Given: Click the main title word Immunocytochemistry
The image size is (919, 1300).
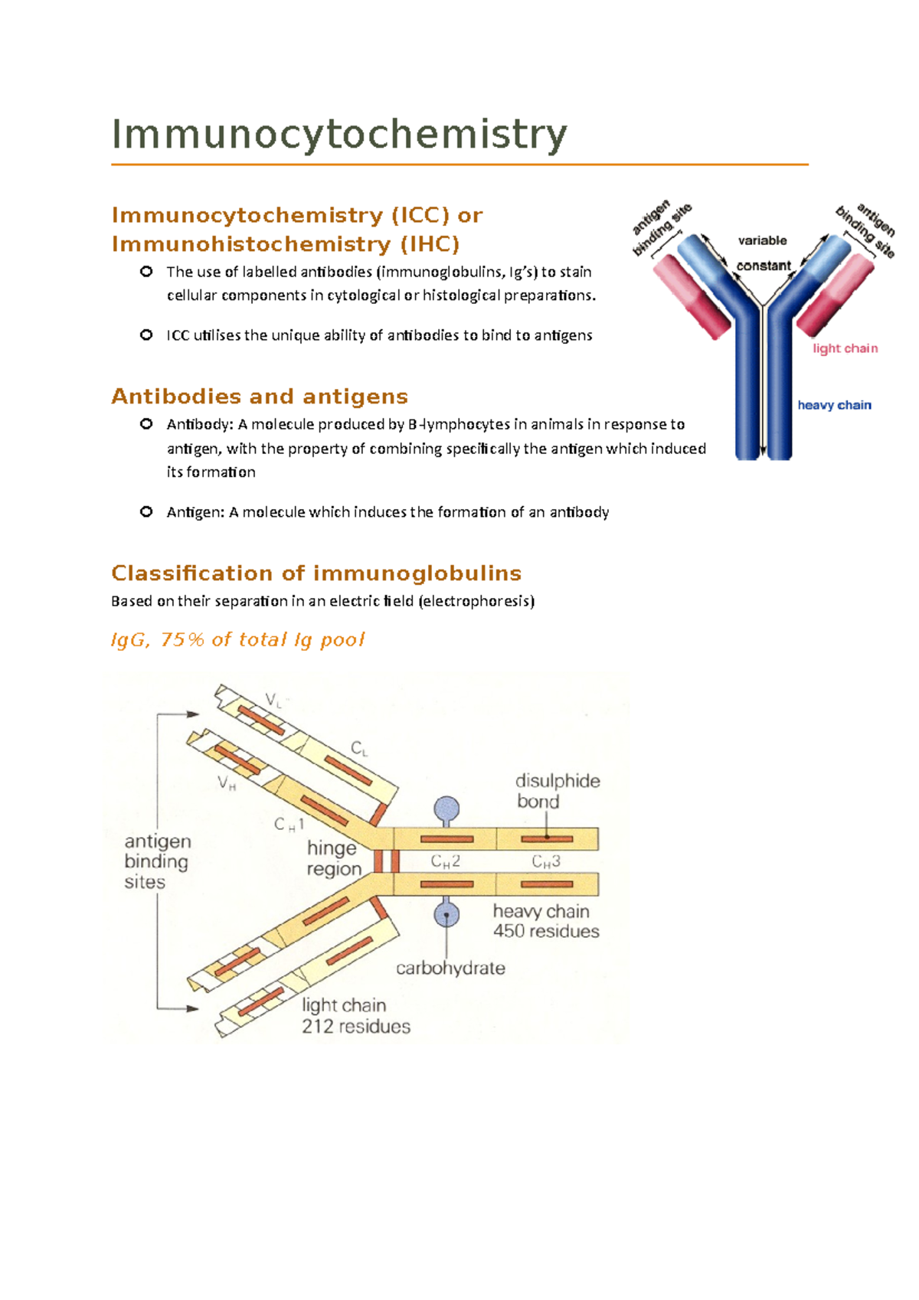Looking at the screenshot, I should click(x=339, y=135).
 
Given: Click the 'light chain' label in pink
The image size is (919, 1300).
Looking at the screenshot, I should click(x=845, y=348).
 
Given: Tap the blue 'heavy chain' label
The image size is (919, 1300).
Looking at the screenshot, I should click(x=834, y=405).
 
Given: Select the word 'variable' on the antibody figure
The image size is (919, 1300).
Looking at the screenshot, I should click(x=762, y=240).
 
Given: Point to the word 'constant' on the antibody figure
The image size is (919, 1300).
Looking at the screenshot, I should click(x=764, y=266).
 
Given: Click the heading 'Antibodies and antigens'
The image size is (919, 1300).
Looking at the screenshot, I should click(x=260, y=397).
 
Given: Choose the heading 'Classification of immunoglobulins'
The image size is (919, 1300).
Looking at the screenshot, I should click(x=316, y=573).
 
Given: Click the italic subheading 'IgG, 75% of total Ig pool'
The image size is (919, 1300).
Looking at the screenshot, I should click(x=237, y=640).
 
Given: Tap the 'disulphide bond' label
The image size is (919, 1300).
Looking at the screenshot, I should click(x=557, y=791).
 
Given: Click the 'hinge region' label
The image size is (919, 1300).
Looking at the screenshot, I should click(x=333, y=858).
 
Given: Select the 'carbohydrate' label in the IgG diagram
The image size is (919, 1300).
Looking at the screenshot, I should click(x=450, y=968).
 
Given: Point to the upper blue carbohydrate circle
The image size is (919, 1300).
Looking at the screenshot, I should click(x=446, y=808).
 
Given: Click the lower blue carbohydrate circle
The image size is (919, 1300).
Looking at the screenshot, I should click(x=446, y=914).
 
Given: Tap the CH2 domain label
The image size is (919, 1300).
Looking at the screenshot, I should click(x=445, y=862).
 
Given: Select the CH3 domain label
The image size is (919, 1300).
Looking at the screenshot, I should click(x=546, y=862).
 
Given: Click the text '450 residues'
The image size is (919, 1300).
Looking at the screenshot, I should click(x=546, y=932).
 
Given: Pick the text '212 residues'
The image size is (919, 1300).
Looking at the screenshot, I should click(x=356, y=1027).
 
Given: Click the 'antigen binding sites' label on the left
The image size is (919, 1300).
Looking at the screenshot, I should click(x=156, y=861).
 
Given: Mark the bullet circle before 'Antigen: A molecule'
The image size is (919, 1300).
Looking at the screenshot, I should click(x=146, y=511).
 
